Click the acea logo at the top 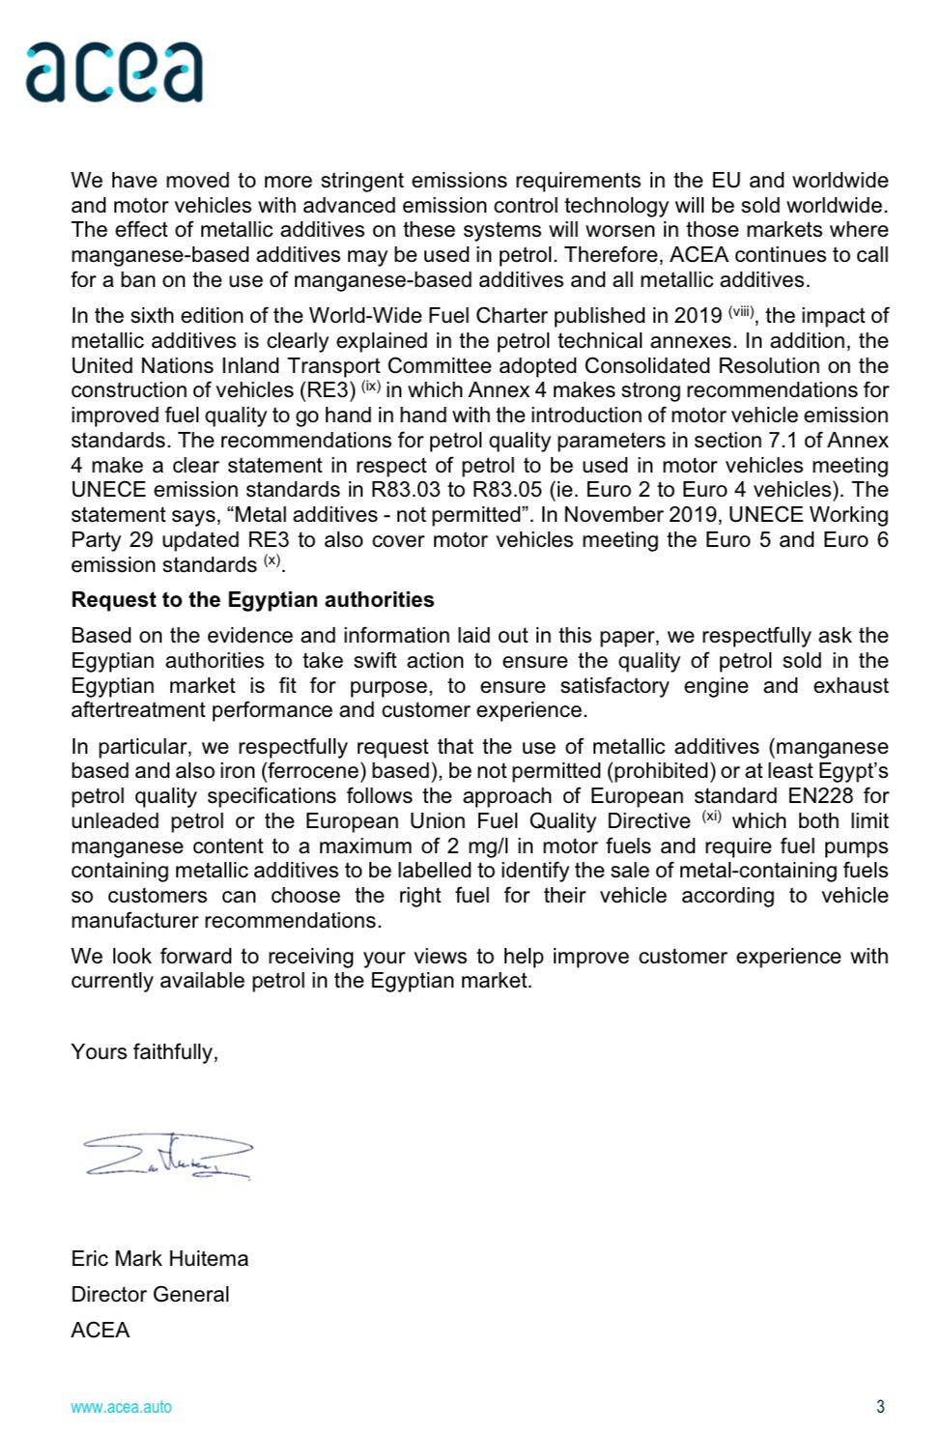(x=114, y=72)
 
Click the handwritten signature (x=167, y=1157)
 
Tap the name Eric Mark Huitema (x=159, y=1258)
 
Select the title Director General (x=150, y=1294)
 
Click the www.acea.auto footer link (x=121, y=1406)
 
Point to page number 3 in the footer (x=880, y=1406)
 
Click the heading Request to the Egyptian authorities (x=252, y=599)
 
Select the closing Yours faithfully (x=144, y=1051)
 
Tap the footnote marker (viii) (x=742, y=312)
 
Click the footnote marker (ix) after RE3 (x=371, y=387)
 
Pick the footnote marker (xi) (x=711, y=817)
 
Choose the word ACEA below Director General (x=99, y=1330)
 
